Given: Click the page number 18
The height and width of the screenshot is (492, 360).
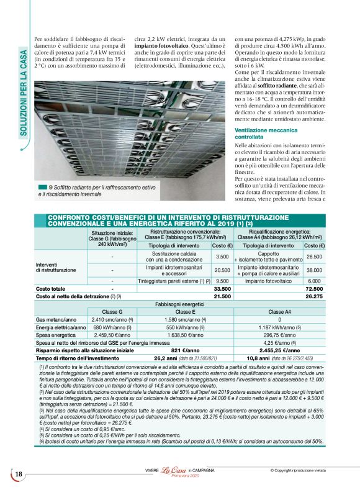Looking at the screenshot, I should (x=19, y=475).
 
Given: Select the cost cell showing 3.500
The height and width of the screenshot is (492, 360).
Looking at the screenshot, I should (x=222, y=257).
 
